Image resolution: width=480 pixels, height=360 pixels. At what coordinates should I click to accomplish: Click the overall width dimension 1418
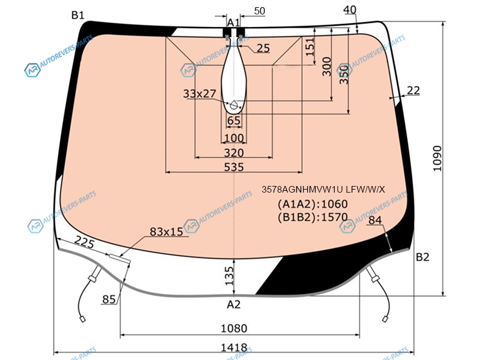234,348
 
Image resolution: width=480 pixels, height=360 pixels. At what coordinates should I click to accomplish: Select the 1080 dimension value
234,328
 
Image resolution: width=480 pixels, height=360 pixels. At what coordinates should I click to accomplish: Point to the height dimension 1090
438,158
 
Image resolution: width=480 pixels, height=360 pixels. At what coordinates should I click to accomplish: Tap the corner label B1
78,15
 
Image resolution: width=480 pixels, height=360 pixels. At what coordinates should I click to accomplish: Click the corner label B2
422,257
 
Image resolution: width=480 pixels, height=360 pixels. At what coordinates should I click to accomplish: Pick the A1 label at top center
233,22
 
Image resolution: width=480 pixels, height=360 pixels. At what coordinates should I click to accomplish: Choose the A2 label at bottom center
233,304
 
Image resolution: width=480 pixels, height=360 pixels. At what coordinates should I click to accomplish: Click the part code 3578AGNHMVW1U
302,190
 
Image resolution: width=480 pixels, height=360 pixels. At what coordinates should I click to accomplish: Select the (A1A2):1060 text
313,204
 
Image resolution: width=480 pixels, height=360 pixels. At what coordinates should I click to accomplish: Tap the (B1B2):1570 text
313,217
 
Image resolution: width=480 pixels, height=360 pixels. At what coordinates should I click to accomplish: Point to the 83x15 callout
166,232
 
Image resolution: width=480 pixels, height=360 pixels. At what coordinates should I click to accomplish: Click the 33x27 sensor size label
200,94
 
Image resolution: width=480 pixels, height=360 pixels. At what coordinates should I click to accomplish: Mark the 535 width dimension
234,167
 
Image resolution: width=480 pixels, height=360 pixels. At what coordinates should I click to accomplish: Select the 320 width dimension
234,153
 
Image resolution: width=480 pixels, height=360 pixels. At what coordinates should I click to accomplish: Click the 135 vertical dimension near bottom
229,275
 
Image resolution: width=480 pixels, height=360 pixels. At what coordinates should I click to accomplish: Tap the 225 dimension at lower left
85,242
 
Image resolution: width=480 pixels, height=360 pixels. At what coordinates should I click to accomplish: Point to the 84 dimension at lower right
375,220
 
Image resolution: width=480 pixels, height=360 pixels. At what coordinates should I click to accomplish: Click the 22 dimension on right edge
413,91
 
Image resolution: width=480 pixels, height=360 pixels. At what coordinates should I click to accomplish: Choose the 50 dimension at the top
259,11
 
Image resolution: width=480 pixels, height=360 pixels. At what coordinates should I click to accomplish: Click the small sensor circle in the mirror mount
233,106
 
